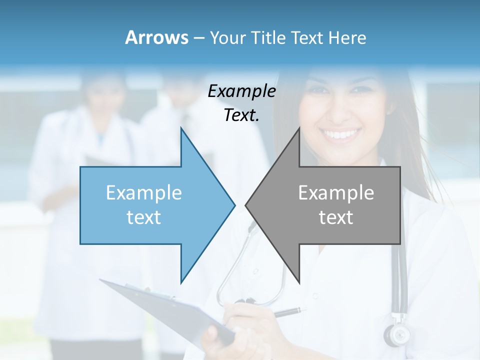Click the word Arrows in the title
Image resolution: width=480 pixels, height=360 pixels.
click(x=156, y=37)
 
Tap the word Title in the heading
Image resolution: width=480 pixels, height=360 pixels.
click(x=270, y=37)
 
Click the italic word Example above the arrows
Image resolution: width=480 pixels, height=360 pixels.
click(x=241, y=91)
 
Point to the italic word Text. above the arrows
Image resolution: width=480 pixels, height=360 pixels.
click(x=241, y=115)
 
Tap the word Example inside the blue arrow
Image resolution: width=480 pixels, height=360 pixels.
click(x=144, y=193)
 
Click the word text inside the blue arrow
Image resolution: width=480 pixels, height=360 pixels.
click(x=144, y=217)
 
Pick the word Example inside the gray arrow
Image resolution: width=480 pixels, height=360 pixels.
click(x=336, y=193)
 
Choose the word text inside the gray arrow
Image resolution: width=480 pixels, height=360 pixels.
click(x=336, y=217)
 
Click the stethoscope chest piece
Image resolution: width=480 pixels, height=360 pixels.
click(x=396, y=333)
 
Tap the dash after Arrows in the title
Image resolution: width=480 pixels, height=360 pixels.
click(x=198, y=38)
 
